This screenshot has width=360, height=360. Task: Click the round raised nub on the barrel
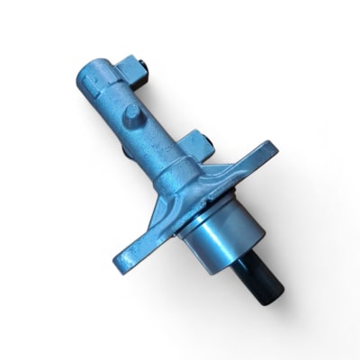click(133, 114)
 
